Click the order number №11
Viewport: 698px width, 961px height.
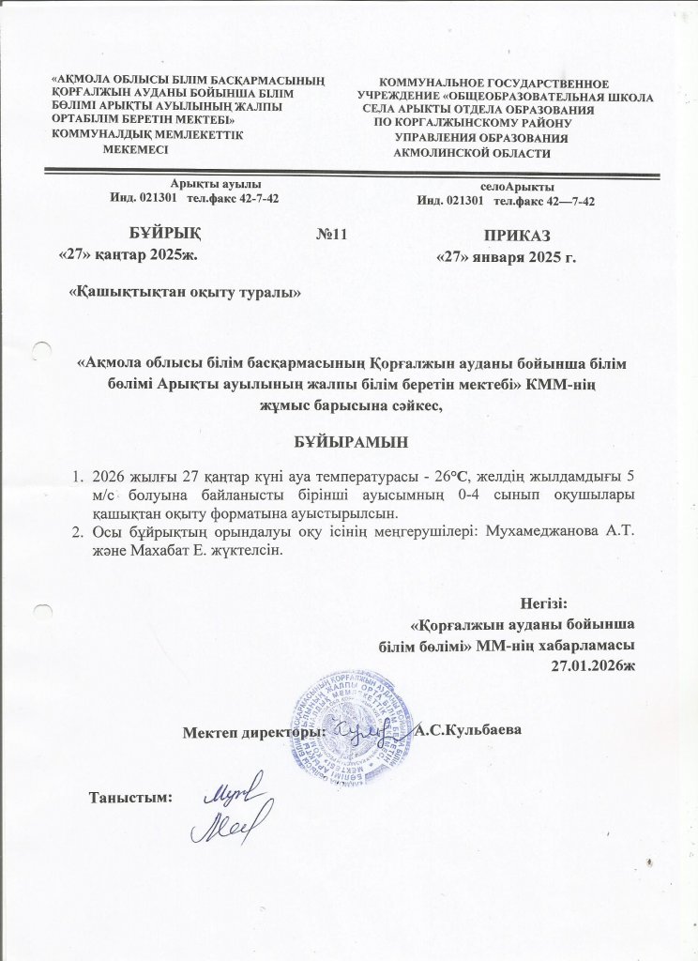[333, 235]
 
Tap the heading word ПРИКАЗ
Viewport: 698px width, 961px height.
[516, 236]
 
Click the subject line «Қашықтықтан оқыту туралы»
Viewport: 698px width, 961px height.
[186, 292]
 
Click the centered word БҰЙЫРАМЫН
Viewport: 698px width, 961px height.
[349, 439]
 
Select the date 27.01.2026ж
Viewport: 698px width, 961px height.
[597, 664]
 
